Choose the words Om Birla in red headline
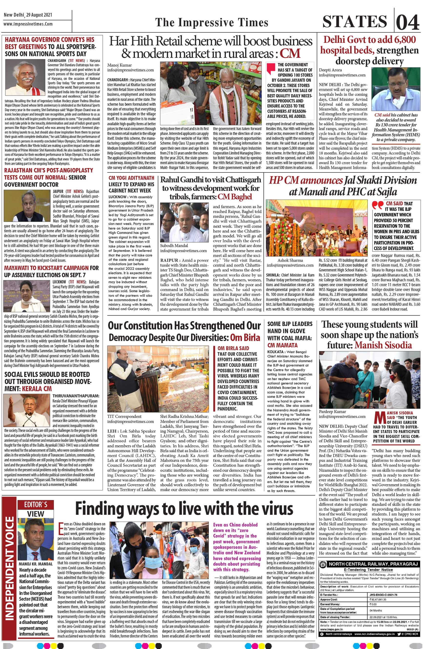click(245, 337)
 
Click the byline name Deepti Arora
click(330, 70)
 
